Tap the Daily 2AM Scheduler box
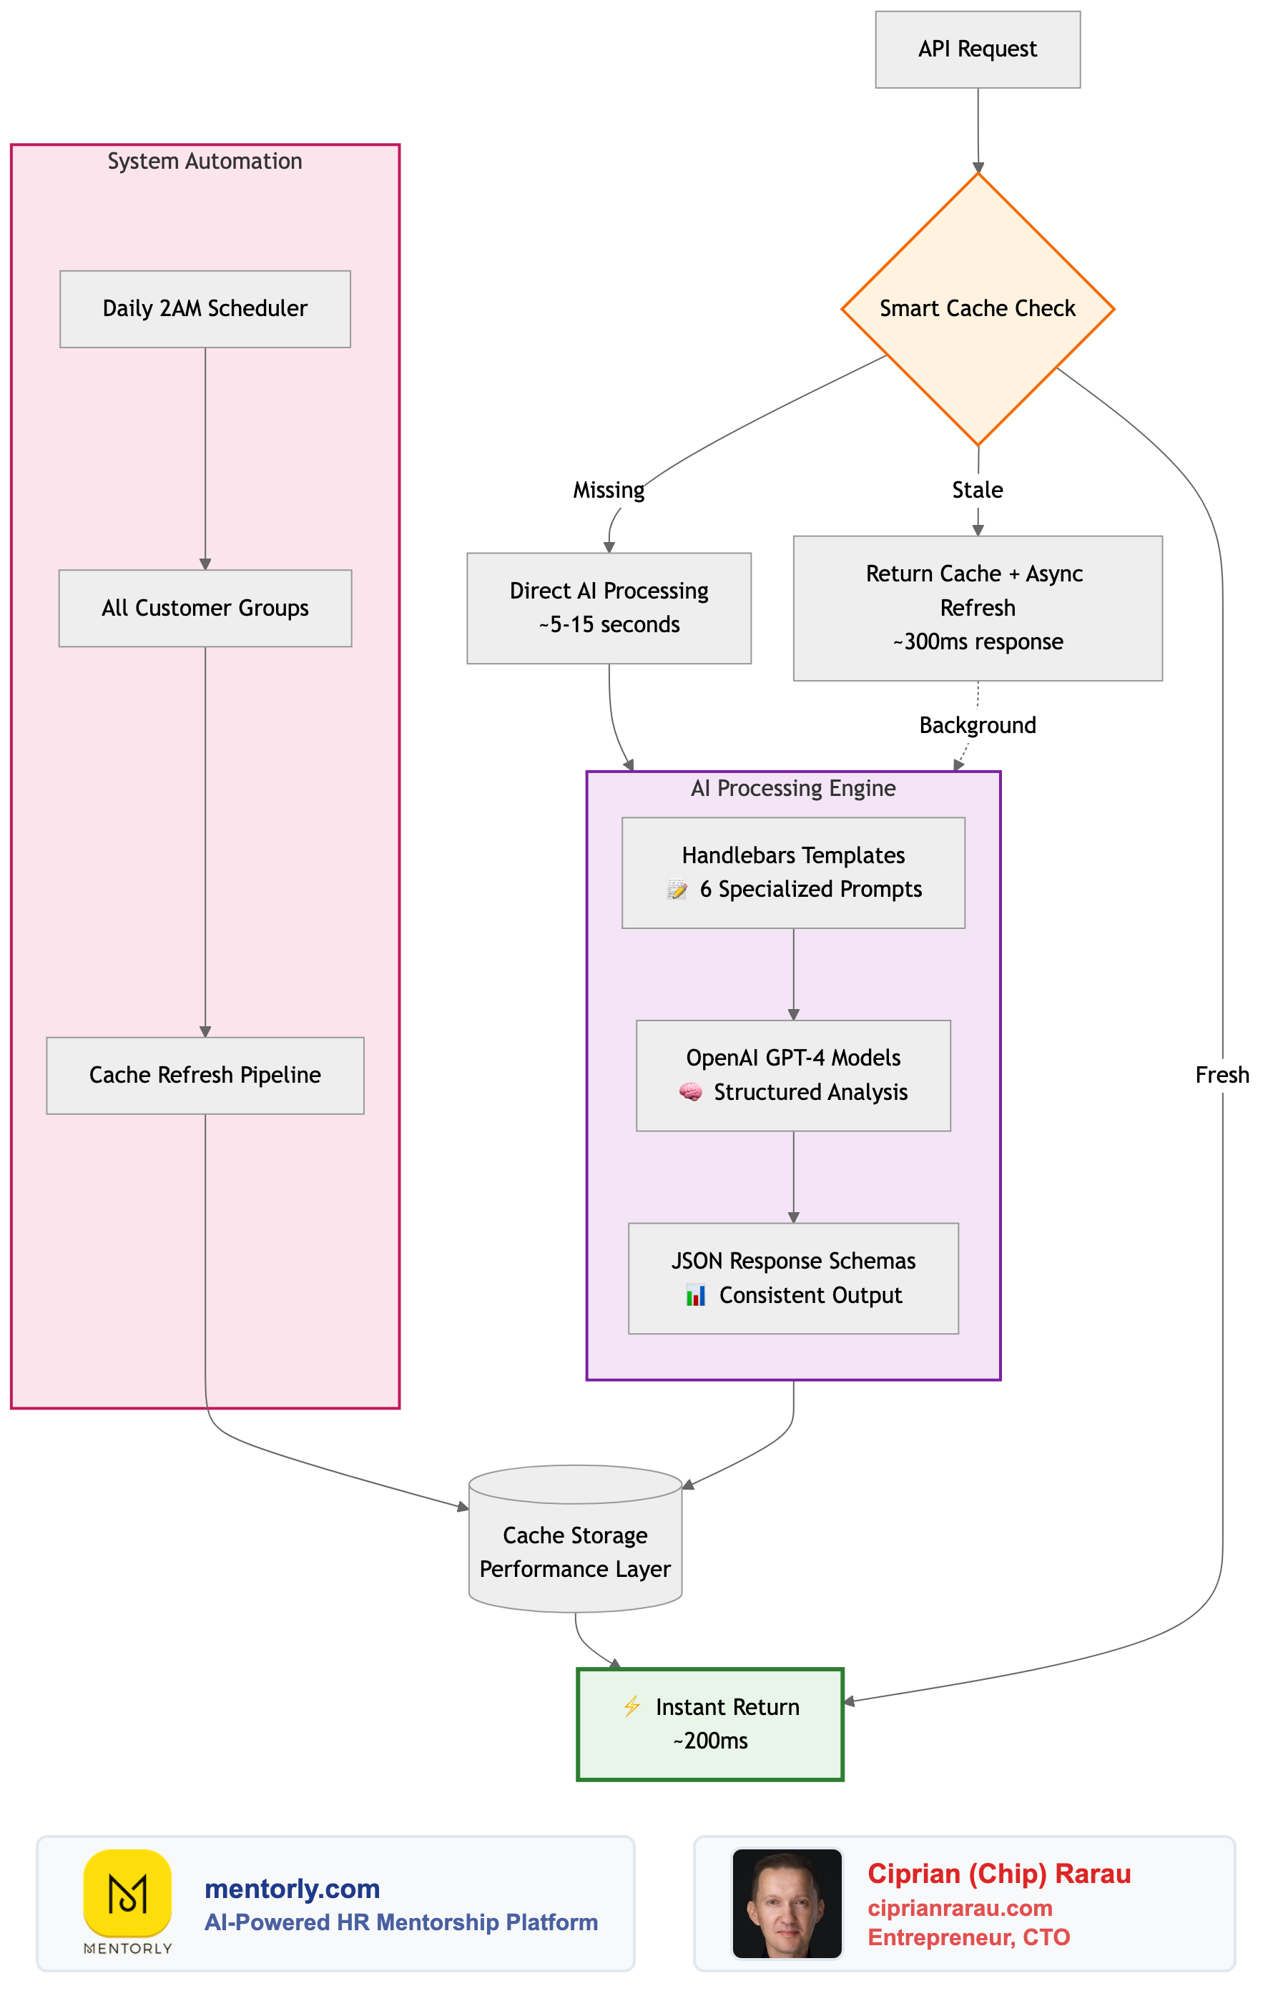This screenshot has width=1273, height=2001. point(205,308)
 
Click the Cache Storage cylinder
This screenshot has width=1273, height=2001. point(575,1550)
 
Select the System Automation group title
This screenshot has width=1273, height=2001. point(205,161)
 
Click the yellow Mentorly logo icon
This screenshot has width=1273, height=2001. point(127,1892)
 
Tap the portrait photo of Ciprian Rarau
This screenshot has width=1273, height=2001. point(786,1902)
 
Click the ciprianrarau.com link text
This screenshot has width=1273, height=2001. point(960,1908)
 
